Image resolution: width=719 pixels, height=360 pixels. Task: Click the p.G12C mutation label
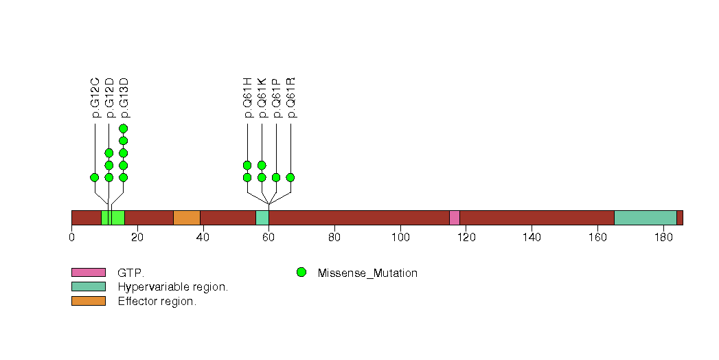point(95,97)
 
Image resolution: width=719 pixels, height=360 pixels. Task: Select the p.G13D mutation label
point(124,97)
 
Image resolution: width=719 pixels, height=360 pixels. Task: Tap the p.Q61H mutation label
point(247,97)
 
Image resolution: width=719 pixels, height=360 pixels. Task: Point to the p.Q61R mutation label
point(290,97)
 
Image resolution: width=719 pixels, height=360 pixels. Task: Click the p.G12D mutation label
point(109,97)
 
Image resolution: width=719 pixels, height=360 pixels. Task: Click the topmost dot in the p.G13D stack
point(124,128)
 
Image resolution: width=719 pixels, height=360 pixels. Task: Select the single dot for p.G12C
point(95,177)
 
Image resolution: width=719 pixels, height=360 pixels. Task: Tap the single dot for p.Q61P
point(276,177)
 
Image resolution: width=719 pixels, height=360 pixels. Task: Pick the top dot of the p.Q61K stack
point(262,165)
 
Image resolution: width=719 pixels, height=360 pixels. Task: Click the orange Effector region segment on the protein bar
point(186,218)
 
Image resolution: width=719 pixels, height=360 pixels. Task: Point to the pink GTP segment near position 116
point(454,218)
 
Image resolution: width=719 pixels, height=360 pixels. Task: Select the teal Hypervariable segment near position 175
point(645,218)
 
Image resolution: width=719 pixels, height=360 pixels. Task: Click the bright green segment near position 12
point(113,218)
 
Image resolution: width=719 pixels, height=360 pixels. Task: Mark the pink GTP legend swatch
point(89,273)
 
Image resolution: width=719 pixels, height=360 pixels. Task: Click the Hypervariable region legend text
point(172,287)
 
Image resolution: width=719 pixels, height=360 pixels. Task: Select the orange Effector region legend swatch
point(89,301)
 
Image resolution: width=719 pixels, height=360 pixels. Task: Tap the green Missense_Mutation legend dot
point(301,273)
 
